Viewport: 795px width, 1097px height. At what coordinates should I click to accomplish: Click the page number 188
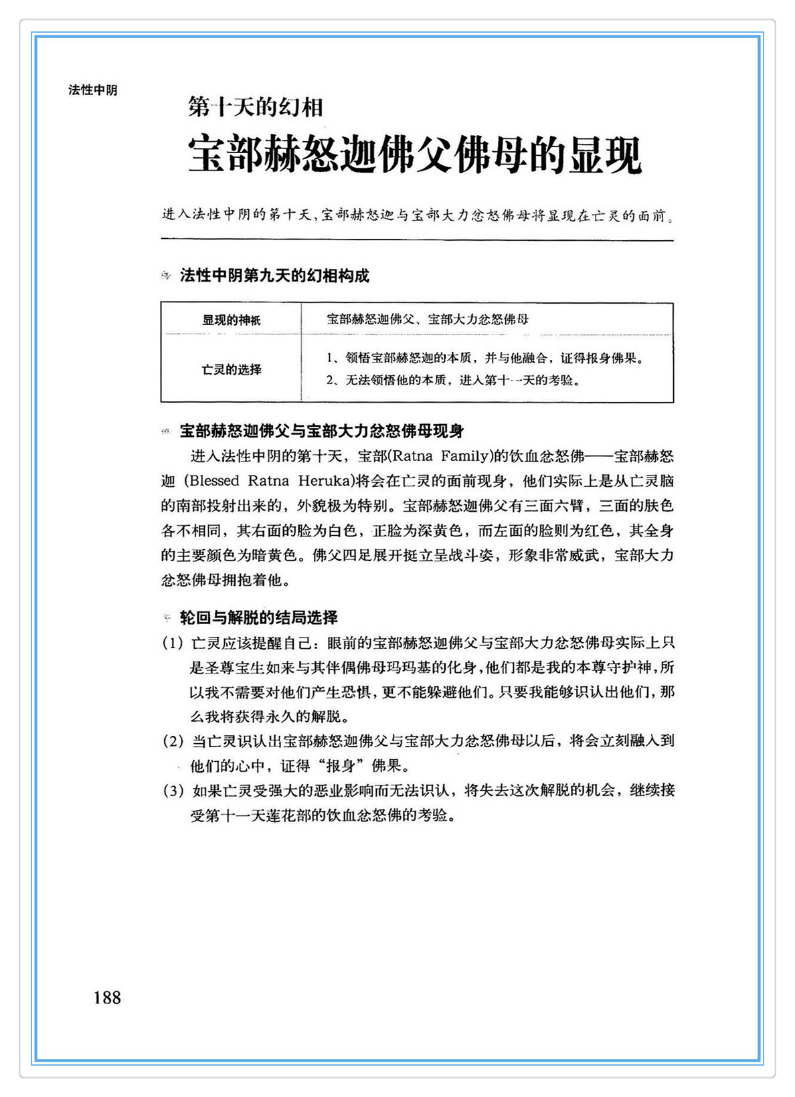tap(107, 997)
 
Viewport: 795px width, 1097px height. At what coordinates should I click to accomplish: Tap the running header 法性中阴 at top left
tap(92, 90)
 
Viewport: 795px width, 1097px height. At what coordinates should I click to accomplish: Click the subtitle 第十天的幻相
tap(256, 107)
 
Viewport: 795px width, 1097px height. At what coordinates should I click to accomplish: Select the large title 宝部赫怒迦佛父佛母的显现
tap(415, 155)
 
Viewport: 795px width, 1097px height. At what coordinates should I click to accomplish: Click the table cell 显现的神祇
tap(232, 320)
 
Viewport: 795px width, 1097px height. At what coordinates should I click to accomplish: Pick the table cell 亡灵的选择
tap(232, 369)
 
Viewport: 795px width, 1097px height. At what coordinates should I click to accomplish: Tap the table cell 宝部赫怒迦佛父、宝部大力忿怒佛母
tap(428, 319)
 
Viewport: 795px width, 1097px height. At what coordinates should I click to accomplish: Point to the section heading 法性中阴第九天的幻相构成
tap(274, 276)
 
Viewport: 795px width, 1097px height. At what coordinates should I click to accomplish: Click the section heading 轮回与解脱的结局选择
tap(258, 617)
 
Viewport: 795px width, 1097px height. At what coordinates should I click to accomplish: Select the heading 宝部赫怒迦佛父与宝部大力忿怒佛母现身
tap(322, 431)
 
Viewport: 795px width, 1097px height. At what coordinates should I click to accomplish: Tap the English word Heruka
tap(325, 481)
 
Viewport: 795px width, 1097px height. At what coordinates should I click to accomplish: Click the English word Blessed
tap(214, 481)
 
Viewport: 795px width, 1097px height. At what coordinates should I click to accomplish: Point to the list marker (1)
tap(173, 643)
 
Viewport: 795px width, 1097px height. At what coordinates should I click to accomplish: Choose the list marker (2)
tap(173, 741)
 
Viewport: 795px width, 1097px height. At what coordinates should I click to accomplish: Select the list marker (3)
tap(173, 791)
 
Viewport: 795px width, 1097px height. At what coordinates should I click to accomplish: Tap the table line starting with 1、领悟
tap(485, 358)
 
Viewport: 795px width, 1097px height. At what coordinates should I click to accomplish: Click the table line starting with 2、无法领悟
tap(453, 381)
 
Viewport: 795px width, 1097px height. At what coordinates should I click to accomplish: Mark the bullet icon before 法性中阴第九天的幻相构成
tap(167, 276)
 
